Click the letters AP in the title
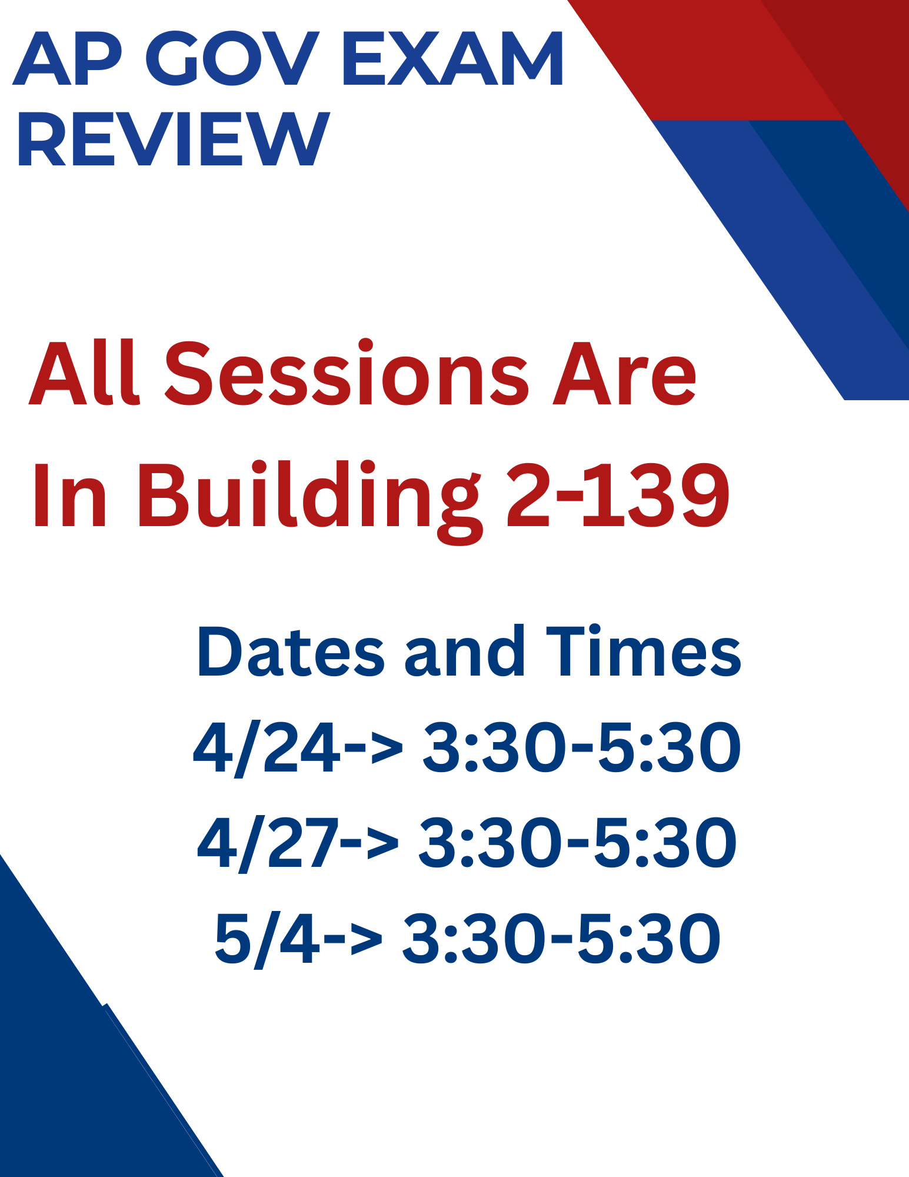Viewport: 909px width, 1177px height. point(68,58)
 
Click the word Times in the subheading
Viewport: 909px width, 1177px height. point(644,651)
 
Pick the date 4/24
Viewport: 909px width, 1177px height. point(267,749)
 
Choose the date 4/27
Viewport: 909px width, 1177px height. point(268,844)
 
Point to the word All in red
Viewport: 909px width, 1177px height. point(84,372)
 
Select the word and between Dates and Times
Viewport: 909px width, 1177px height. point(465,651)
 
